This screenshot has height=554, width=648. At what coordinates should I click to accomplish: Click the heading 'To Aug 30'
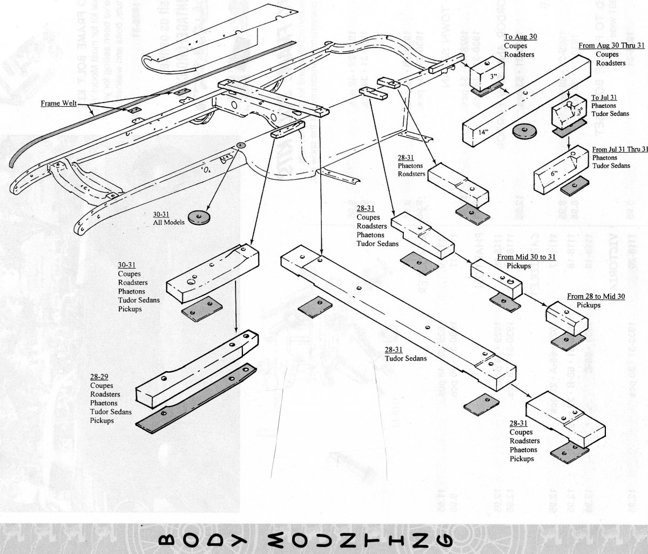pos(521,37)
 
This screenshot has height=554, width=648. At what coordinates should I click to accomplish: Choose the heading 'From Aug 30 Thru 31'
pos(606,46)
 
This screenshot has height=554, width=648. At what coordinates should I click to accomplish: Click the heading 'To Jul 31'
pos(604,98)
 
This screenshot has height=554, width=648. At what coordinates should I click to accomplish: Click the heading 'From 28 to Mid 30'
pos(596,296)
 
